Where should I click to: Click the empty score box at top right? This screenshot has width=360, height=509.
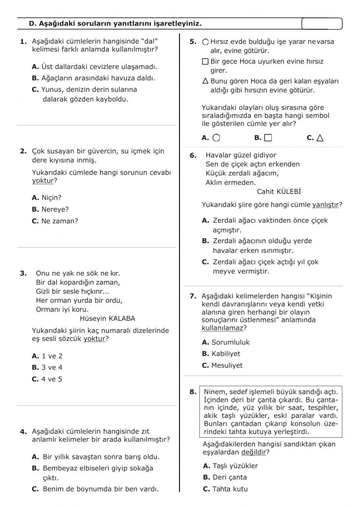coord(322,24)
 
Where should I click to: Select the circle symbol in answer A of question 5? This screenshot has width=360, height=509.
coord(216,138)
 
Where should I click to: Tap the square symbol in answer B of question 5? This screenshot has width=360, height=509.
coord(268,138)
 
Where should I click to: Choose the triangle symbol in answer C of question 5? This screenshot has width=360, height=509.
coord(320,138)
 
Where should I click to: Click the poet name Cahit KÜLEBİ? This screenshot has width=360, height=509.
coord(279,192)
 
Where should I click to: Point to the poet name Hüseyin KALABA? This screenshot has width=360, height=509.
coord(107,318)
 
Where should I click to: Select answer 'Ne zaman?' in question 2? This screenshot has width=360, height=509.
coord(59,221)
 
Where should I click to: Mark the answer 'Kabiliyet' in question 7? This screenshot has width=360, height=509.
coord(226,354)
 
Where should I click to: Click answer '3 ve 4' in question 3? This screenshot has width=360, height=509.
coord(52,367)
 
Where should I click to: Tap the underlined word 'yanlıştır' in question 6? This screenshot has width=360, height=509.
coord(325,205)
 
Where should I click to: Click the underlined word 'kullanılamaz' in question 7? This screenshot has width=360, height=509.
coord(222,328)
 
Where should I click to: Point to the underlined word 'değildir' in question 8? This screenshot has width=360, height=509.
coord(253,452)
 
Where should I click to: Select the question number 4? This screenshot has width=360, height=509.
coord(23,432)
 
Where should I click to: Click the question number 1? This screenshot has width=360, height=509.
coord(23,42)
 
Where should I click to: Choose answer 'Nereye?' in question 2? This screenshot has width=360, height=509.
coord(55,209)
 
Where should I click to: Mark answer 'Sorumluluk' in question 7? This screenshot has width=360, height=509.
coord(230,342)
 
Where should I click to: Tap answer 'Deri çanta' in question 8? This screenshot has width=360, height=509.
coord(230,477)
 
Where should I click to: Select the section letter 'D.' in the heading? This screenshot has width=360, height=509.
coord(33,24)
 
